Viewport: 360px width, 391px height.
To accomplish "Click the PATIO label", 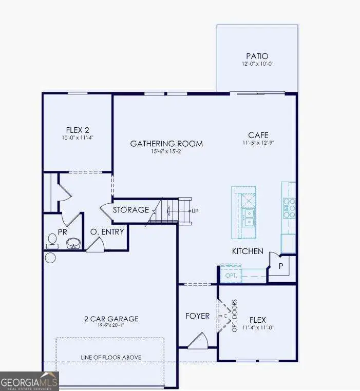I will point(257,56).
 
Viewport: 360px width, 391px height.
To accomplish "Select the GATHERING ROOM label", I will point(166,143).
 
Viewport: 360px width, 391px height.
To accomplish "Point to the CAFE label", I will point(258,135).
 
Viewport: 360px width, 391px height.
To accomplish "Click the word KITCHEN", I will point(248,251).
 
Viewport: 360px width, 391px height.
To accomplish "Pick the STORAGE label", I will point(131,210).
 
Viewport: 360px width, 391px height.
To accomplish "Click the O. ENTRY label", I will point(107,231).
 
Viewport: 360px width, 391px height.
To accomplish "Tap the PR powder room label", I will point(63,232).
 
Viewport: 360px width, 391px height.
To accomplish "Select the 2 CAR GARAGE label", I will point(111,319).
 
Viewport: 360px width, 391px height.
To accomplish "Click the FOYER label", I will point(198,316).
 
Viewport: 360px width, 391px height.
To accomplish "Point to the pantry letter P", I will point(281,266).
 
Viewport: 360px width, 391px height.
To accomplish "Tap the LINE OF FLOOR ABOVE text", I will point(111,357).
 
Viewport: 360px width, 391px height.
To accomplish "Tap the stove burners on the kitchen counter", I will point(289,208).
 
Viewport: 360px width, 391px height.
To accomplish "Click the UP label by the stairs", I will point(195,210).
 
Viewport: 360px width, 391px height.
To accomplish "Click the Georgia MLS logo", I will point(29,381).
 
